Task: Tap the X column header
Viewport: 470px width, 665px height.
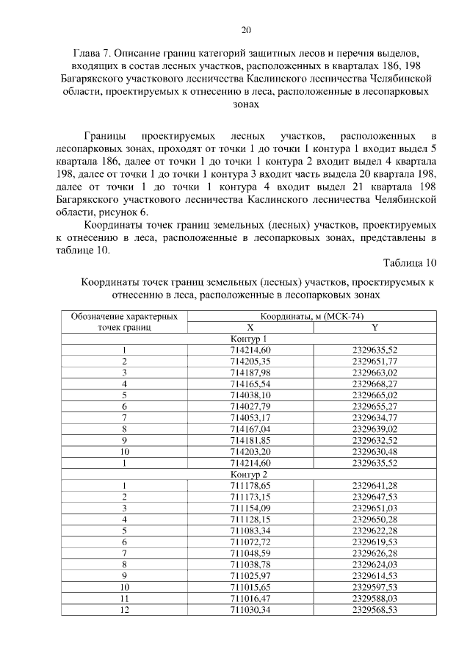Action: click(x=250, y=328)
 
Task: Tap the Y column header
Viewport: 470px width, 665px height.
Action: click(x=375, y=328)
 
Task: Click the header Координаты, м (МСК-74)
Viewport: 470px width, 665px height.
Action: click(x=312, y=316)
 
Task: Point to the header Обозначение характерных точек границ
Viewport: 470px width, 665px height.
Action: click(x=125, y=322)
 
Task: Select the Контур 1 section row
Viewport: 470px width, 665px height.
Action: click(x=250, y=339)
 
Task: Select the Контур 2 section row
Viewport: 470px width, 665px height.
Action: click(x=250, y=475)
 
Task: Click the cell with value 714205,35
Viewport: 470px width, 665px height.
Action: click(x=250, y=362)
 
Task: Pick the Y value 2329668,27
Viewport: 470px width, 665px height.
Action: click(x=375, y=384)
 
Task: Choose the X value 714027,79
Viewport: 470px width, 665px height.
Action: click(x=250, y=406)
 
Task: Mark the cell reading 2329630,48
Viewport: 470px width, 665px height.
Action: click(x=375, y=452)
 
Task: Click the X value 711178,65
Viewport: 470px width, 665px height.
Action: click(x=250, y=486)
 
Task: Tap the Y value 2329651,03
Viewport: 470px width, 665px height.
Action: click(x=375, y=509)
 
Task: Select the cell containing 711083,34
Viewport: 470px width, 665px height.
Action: click(x=250, y=532)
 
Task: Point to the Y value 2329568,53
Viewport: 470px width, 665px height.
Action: click(x=375, y=611)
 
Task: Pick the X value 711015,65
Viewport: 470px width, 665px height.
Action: click(x=250, y=588)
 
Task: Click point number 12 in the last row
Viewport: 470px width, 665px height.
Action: click(x=125, y=611)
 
